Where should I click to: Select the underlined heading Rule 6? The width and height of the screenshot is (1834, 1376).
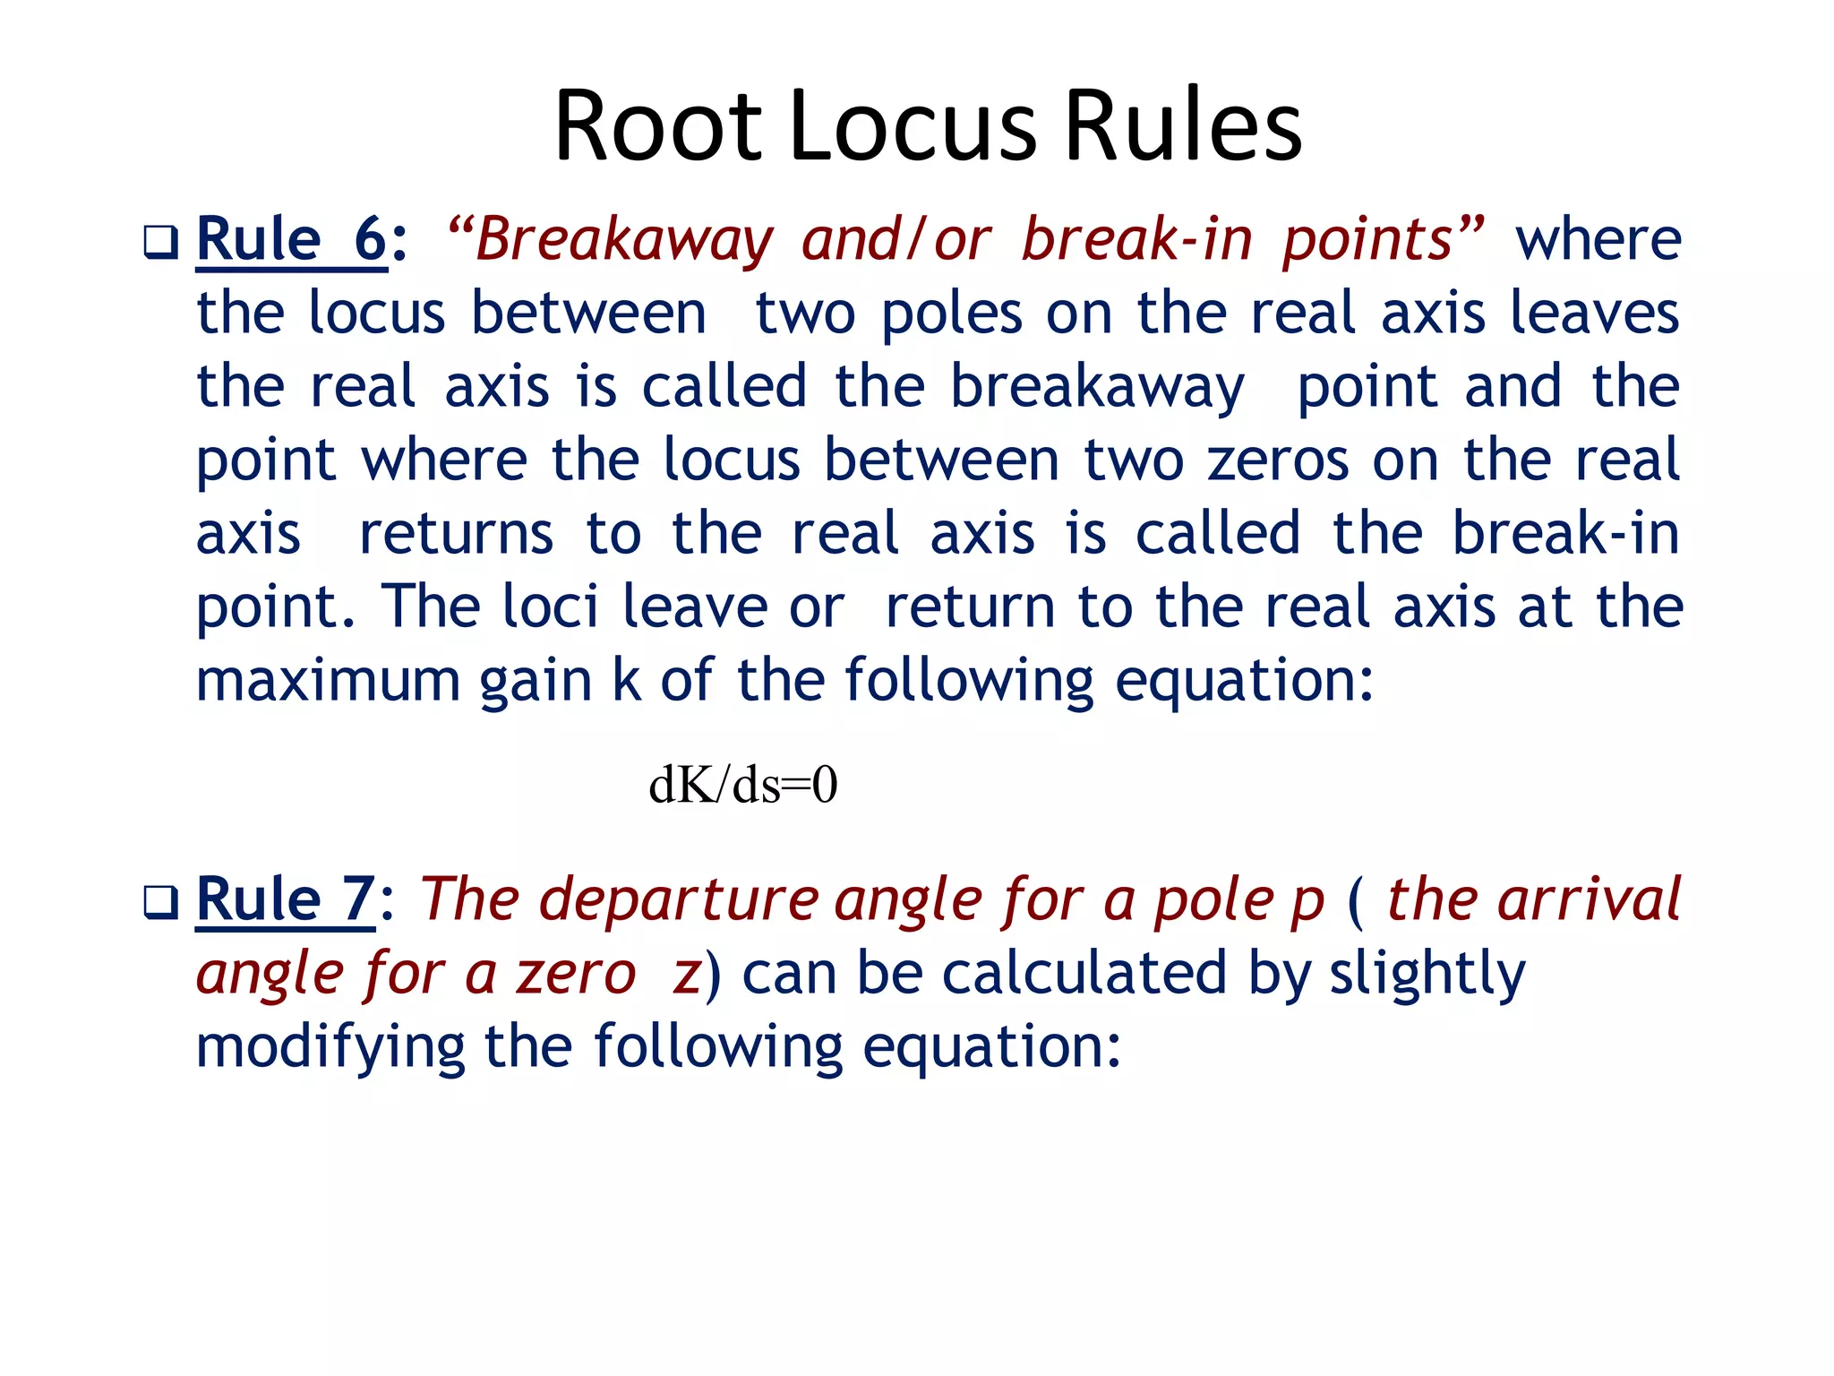click(292, 240)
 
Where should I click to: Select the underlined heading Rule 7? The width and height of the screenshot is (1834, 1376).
click(285, 899)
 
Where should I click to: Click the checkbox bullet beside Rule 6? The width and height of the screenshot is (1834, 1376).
click(161, 243)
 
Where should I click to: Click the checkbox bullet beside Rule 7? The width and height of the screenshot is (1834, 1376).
click(161, 902)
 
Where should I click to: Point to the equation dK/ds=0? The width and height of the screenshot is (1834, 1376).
click(742, 785)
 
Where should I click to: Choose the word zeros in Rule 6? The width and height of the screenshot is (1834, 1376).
click(1278, 460)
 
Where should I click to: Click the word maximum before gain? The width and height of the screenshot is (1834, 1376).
click(328, 681)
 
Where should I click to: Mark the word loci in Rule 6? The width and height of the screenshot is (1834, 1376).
click(549, 607)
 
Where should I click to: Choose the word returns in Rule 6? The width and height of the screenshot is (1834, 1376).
click(457, 535)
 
